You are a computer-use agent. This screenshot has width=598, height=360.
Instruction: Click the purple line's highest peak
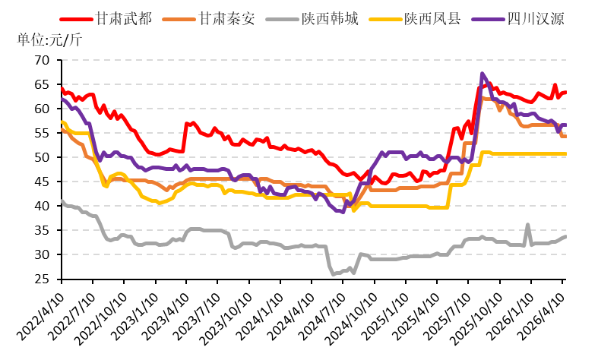click(x=483, y=74)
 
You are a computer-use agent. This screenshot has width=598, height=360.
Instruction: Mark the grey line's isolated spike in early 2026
click(x=527, y=225)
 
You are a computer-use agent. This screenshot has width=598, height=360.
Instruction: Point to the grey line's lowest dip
click(x=334, y=273)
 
